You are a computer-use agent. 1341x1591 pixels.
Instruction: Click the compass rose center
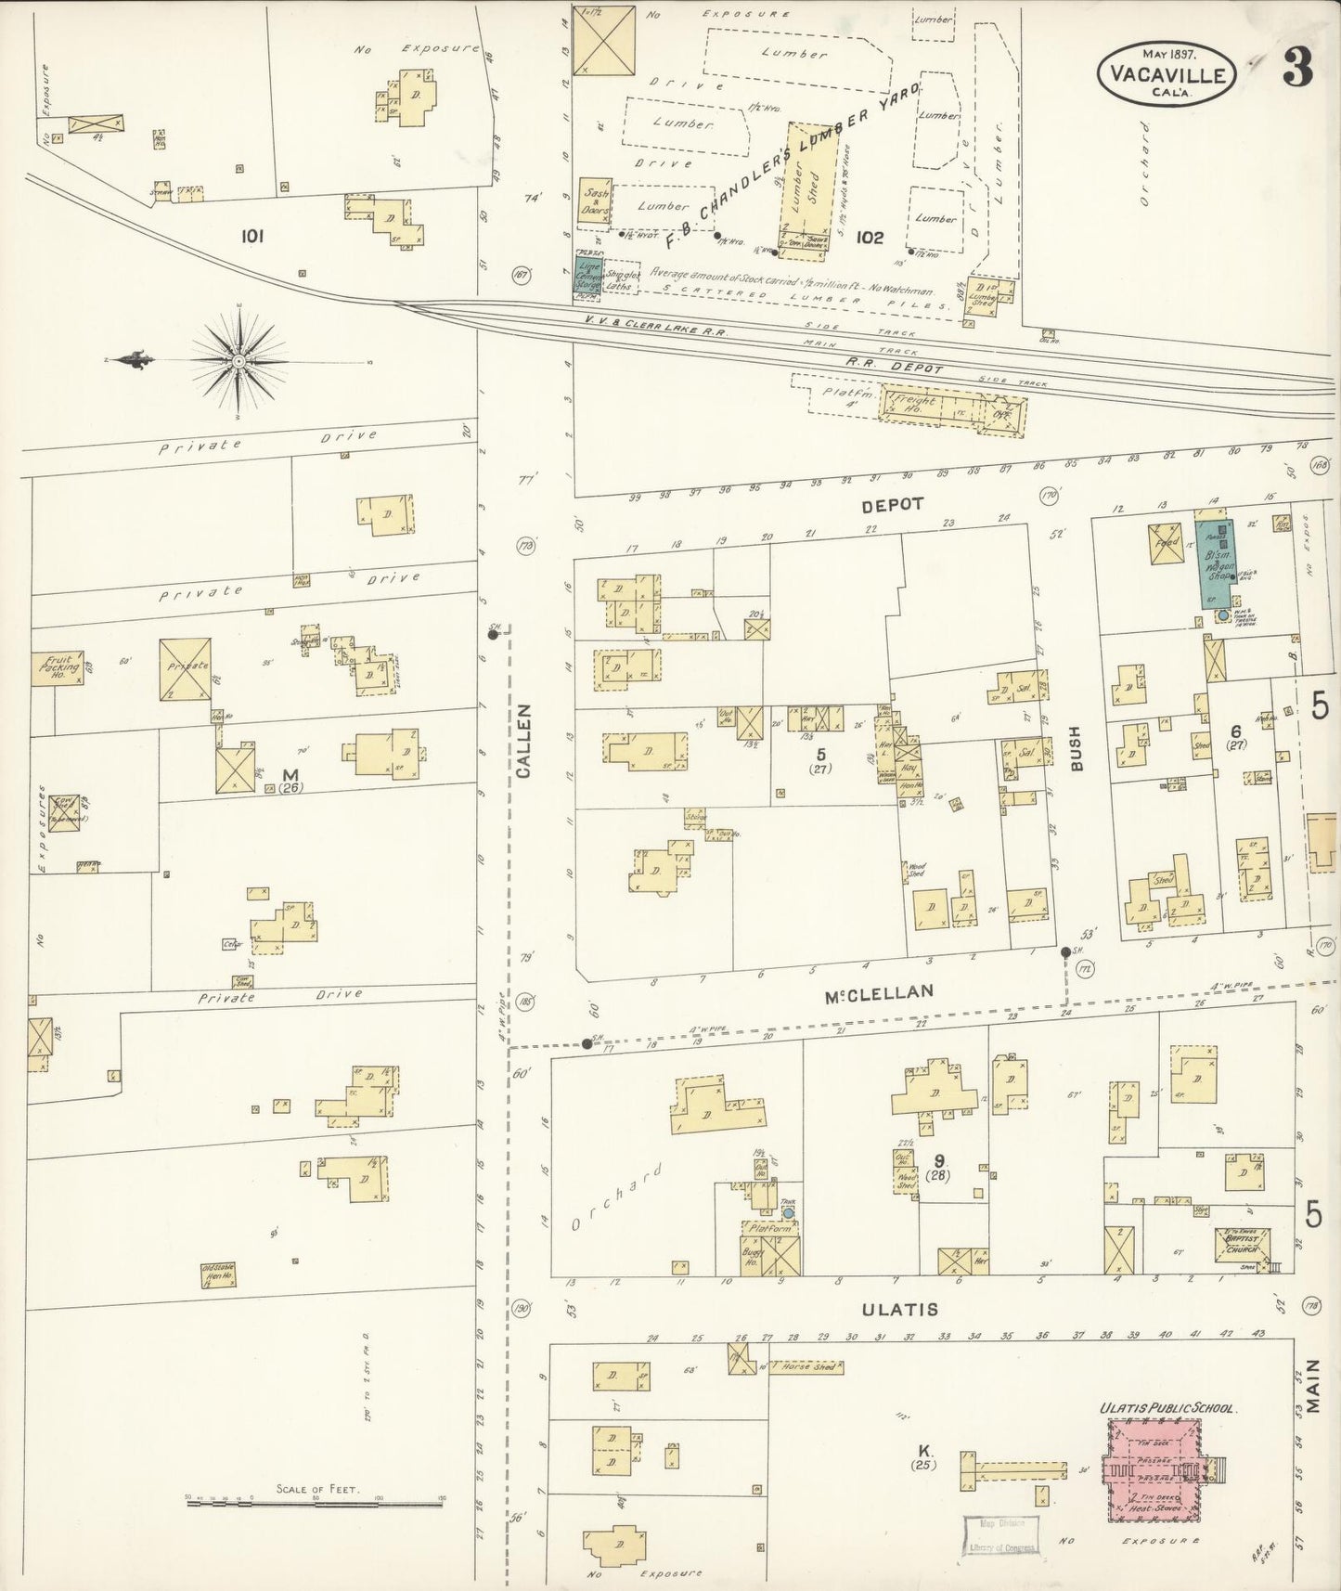(x=239, y=360)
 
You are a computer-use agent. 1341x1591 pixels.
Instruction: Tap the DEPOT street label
(x=892, y=503)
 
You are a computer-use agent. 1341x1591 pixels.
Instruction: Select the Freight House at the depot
(x=914, y=407)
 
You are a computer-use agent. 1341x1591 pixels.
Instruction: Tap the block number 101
(x=251, y=237)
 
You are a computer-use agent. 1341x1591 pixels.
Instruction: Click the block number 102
(x=870, y=238)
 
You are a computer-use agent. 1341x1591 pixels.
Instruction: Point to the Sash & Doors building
(x=595, y=201)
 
